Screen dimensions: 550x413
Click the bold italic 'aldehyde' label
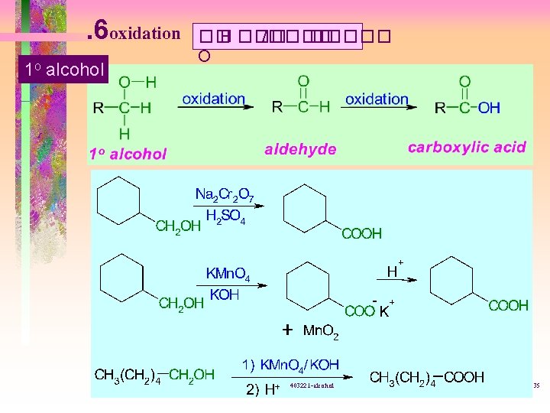tap(300, 150)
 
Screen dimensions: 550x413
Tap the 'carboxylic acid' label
tap(467, 147)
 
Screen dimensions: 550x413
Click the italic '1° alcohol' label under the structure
tap(128, 154)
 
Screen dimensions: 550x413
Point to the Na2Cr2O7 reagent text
tap(229, 195)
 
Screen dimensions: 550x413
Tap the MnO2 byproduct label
tap(321, 331)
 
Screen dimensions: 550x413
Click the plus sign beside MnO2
tap(286, 330)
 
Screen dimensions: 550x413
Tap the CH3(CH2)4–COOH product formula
tap(426, 377)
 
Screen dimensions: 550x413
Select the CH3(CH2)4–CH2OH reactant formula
tap(154, 375)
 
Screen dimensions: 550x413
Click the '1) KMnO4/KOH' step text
tap(290, 365)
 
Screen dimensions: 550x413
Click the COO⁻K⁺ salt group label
tap(370, 310)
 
